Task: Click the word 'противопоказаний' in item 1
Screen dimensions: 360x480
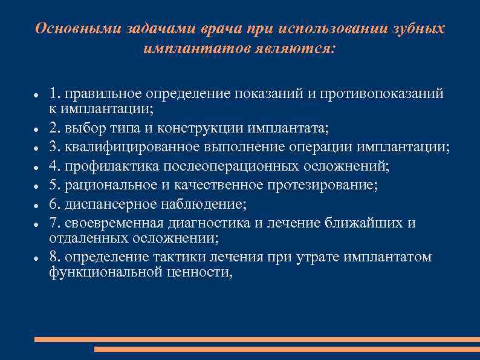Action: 384,94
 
